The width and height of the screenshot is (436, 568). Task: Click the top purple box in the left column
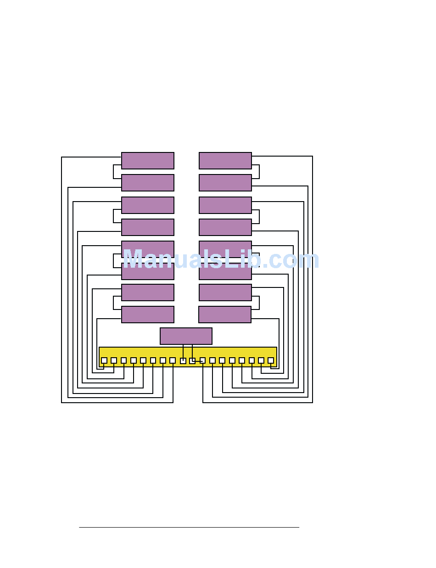click(x=147, y=161)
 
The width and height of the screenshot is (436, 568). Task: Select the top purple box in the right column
click(x=225, y=161)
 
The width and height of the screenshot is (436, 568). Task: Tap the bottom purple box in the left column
click(x=147, y=315)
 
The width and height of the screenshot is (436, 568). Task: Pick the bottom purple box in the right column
click(x=224, y=315)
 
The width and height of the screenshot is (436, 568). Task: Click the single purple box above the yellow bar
click(x=186, y=336)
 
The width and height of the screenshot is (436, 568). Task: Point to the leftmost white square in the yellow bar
click(x=104, y=360)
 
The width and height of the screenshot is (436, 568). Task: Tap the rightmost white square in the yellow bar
click(x=271, y=360)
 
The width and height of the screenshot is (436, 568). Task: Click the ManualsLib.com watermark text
click(x=221, y=260)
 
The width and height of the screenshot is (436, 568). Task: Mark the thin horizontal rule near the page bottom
click(x=189, y=527)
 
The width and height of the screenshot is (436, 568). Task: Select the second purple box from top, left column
click(x=147, y=183)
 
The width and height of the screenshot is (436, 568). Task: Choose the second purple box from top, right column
click(x=225, y=183)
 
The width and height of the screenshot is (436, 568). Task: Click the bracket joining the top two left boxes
click(x=114, y=172)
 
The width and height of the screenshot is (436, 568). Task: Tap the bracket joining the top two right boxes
click(x=259, y=172)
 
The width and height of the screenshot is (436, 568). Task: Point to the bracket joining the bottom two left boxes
click(x=114, y=303)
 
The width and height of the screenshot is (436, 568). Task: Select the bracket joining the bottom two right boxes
click(x=259, y=303)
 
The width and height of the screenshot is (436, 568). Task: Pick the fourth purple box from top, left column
click(x=147, y=227)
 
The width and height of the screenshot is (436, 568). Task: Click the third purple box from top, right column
click(x=225, y=205)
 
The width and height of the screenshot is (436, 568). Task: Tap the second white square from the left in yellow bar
click(x=114, y=360)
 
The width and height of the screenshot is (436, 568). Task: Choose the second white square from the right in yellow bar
click(x=261, y=360)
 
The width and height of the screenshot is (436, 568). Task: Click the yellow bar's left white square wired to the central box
click(x=183, y=361)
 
